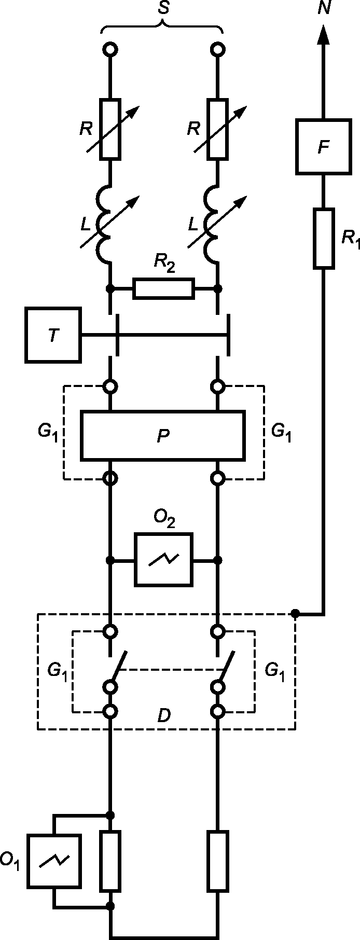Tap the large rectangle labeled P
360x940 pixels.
[163, 435]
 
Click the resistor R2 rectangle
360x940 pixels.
[163, 288]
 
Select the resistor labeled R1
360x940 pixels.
[323, 239]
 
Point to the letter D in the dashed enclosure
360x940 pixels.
[163, 716]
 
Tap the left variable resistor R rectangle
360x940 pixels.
[110, 128]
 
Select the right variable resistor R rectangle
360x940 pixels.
[218, 128]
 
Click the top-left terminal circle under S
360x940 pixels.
[110, 50]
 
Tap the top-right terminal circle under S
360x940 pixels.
[218, 50]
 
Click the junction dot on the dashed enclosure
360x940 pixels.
[295, 614]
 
